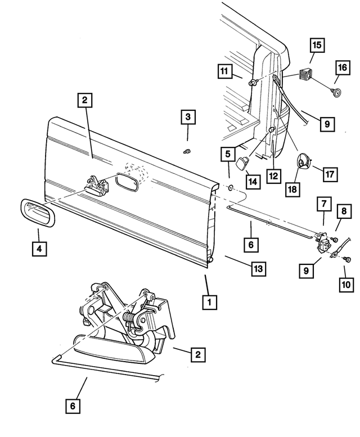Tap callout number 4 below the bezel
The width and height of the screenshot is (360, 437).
pos(38,247)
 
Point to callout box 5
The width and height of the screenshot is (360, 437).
pos(228,152)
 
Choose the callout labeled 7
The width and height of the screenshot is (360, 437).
pos(324,203)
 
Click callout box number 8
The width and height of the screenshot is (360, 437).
pos(342,212)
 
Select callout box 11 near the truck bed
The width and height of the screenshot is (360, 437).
pos(225,71)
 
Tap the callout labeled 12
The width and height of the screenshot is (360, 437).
pos(273,176)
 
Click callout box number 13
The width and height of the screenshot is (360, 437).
pos(257,269)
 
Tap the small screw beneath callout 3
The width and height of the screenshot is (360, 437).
pos(188,150)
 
